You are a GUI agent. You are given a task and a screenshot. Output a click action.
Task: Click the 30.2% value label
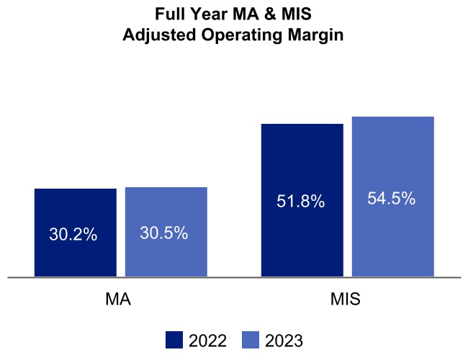[x=73, y=235]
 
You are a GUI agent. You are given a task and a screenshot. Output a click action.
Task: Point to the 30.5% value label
[x=163, y=233]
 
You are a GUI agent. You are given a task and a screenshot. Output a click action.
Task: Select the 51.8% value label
[x=300, y=202]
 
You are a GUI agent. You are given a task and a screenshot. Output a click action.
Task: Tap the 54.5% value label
[x=391, y=199]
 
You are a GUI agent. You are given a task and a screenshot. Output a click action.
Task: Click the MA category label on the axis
[x=118, y=300]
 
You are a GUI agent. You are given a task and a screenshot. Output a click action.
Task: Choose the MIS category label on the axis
[x=347, y=300]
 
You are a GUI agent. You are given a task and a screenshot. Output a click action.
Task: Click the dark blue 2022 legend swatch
[x=174, y=340]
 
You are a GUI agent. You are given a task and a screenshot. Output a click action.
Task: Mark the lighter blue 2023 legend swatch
[x=250, y=340]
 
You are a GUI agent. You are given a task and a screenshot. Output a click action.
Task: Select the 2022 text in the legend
[x=208, y=341]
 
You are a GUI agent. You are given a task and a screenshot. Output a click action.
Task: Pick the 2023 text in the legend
[x=284, y=341]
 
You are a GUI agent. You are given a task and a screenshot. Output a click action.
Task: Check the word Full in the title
[x=169, y=14]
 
